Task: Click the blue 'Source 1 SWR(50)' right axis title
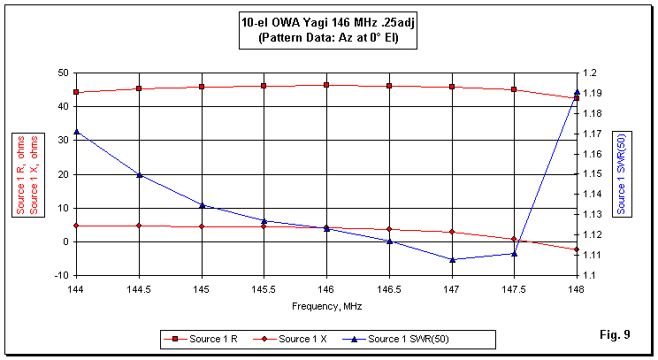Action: pos(622,174)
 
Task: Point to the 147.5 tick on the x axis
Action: pos(514,288)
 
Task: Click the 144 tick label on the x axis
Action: pos(76,288)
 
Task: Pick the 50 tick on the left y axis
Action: pos(62,73)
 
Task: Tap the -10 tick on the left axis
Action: pos(60,275)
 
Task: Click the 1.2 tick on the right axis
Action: pos(591,73)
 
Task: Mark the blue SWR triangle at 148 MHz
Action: pos(577,92)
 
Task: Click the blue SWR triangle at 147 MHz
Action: pos(452,259)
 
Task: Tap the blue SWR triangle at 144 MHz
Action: pos(77,132)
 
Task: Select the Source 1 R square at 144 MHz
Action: pos(77,92)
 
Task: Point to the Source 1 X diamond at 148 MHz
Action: pos(577,249)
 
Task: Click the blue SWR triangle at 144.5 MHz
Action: pos(140,174)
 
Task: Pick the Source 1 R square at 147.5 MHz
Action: pos(514,89)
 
